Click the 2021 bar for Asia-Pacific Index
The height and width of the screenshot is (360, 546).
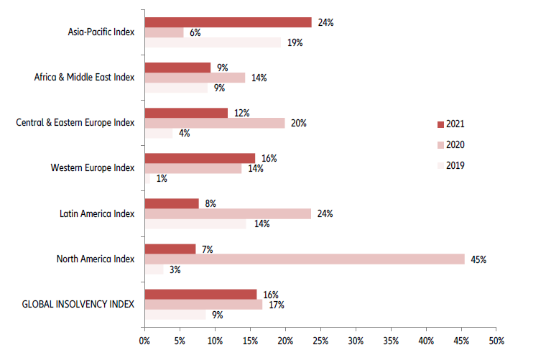228,22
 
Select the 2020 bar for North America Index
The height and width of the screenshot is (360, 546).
305,259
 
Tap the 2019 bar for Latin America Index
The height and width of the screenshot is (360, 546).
195,223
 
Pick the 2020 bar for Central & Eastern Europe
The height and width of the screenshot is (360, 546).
215,123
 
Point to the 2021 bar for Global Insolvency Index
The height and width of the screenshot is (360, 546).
200,294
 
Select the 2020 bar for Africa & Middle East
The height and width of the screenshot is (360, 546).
195,78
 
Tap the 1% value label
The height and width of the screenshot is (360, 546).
162,179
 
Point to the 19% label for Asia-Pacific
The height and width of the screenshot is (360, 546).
295,42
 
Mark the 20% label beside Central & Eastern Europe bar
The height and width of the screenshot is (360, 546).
298,123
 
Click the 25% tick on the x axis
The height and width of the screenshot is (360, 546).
320,339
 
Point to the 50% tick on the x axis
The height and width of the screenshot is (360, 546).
496,339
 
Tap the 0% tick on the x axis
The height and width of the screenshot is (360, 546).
144,339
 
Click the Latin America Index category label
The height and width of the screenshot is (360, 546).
97,213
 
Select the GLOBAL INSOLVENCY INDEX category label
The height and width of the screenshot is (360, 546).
75,304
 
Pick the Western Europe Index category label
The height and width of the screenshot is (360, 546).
93,168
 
